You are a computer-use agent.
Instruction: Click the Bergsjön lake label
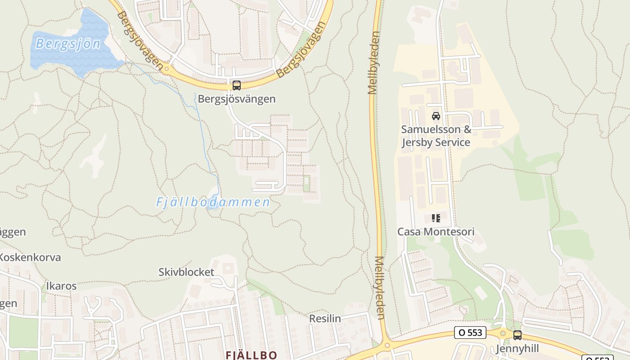pos(68,44)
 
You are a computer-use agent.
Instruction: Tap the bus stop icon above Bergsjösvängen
pos(236,85)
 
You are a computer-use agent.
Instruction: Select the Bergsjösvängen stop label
pos(237,99)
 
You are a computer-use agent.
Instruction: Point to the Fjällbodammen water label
pos(213,202)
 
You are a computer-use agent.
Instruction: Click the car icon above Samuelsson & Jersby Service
pos(436,116)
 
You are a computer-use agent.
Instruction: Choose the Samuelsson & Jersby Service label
pos(436,136)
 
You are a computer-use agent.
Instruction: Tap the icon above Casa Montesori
pos(436,218)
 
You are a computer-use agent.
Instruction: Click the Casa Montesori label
pos(436,232)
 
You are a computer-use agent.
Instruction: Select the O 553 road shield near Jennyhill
pos(471,333)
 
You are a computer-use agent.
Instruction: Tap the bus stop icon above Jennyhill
pos(517,335)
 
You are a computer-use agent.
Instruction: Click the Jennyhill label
pos(517,349)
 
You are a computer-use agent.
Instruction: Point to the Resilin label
pos(325,319)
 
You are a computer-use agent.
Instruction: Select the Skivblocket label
pos(186,272)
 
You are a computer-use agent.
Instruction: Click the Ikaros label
pos(61,286)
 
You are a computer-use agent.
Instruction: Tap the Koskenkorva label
pos(30,257)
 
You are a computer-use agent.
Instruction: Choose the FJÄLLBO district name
pos(252,355)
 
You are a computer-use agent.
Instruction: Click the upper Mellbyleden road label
pos(374,63)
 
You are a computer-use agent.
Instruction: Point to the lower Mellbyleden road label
pos(379,288)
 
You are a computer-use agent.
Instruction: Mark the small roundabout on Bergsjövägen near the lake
pos(167,69)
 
